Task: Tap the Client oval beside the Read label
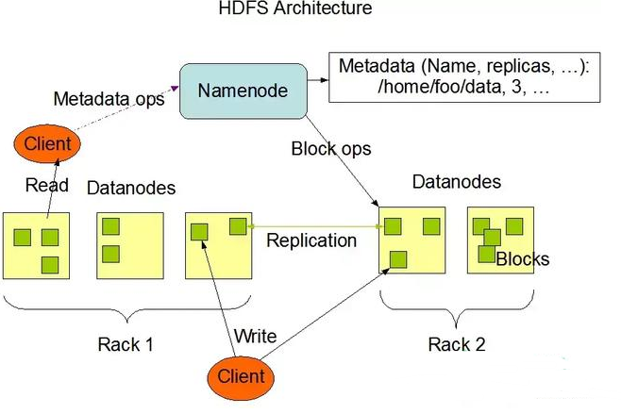[x=42, y=145]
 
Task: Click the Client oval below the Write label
[x=241, y=376]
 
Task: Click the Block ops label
[x=331, y=148]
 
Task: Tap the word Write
[x=255, y=336]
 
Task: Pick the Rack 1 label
[x=126, y=344]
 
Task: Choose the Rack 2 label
[x=457, y=344]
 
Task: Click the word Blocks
[x=522, y=258]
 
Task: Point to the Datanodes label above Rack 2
[x=457, y=182]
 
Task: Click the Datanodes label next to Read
[x=131, y=189]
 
